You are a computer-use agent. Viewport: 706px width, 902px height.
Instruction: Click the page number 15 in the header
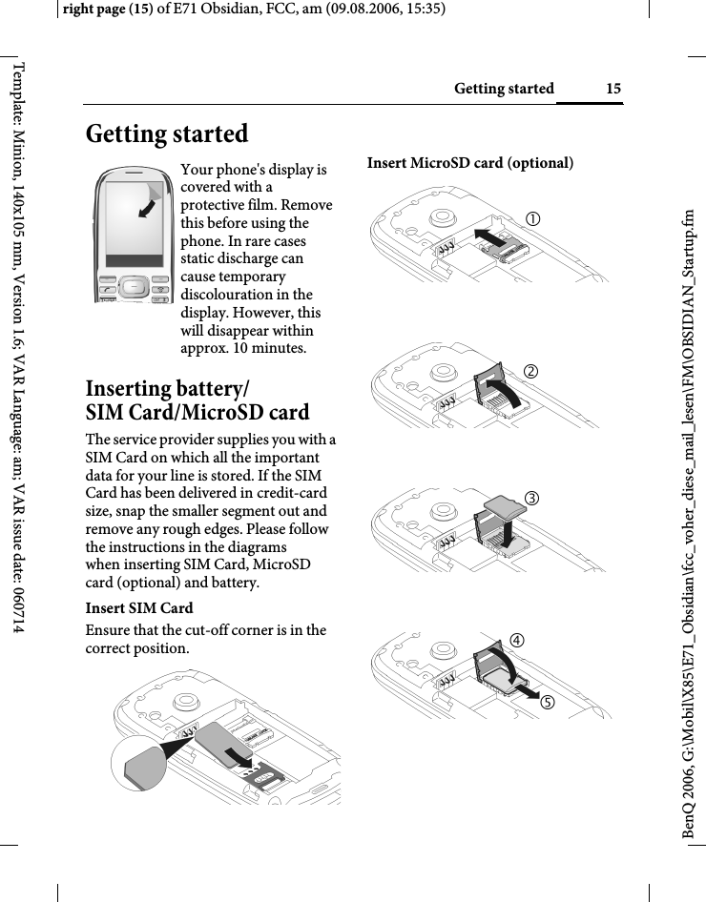point(613,89)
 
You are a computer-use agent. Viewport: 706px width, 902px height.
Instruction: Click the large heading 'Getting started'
point(167,133)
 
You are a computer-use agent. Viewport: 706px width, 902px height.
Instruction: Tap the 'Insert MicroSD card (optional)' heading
point(470,163)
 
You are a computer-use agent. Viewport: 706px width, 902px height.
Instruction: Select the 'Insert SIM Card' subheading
point(139,608)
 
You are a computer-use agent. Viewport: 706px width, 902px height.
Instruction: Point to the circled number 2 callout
point(537,370)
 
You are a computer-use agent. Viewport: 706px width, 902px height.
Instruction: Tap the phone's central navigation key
point(136,286)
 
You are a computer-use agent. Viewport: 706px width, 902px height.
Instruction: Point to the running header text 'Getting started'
point(504,89)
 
